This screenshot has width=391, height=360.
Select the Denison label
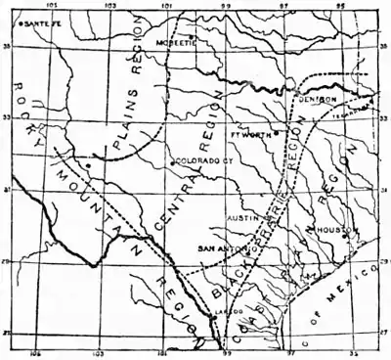(318, 100)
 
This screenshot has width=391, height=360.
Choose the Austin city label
(241, 218)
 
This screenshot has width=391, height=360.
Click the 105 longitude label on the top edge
(39, 6)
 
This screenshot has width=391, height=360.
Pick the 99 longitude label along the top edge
(226, 6)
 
